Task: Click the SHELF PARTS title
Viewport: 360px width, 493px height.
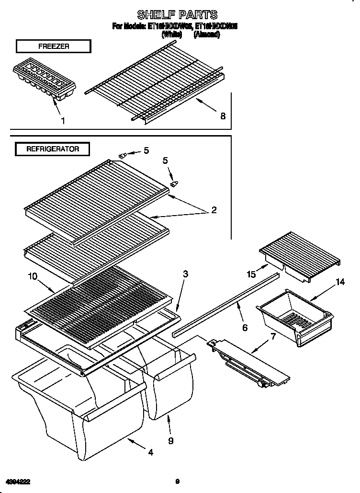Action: coord(177,14)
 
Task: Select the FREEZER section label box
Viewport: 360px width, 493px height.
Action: coord(53,46)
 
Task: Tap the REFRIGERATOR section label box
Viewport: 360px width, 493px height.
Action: coord(53,149)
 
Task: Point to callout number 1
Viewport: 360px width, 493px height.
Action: coord(63,121)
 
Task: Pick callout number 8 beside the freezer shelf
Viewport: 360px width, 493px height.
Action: coord(223,115)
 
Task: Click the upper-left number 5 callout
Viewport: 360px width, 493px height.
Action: coord(146,150)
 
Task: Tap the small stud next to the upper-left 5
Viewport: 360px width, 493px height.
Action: coord(123,155)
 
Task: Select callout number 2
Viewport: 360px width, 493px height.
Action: coord(214,210)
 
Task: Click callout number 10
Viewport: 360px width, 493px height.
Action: coord(32,276)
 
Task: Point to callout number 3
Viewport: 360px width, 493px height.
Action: coord(185,274)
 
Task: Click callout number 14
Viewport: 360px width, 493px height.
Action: coord(340,282)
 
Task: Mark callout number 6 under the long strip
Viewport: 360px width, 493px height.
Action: coord(245,328)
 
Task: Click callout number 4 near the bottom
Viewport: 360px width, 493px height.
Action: coord(150,452)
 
